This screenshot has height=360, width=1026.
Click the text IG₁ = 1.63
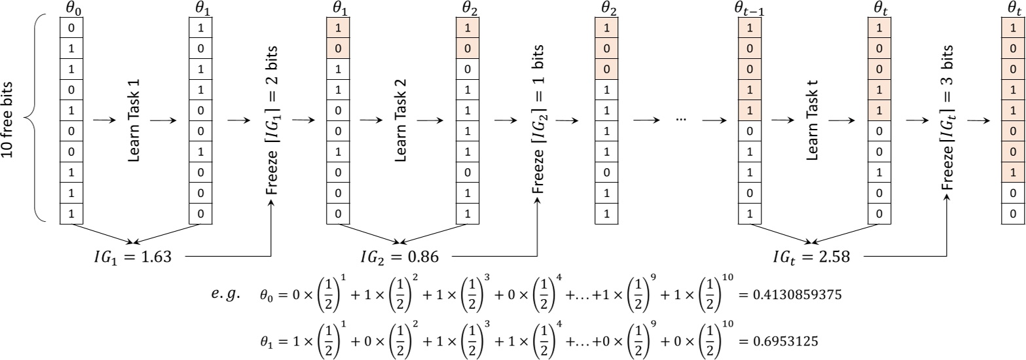click(133, 257)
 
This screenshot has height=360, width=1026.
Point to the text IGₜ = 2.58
click(811, 257)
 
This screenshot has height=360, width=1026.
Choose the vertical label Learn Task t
click(812, 120)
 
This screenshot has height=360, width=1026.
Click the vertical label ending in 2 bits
click(272, 120)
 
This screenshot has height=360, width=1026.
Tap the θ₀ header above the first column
click(71, 9)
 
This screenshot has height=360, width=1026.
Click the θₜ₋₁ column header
click(748, 9)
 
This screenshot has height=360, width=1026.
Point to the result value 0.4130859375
click(790, 295)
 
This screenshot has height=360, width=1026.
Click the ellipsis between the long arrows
click(681, 120)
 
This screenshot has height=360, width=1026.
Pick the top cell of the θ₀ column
click(71, 28)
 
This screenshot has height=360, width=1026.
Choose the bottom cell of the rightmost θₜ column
click(1013, 213)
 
